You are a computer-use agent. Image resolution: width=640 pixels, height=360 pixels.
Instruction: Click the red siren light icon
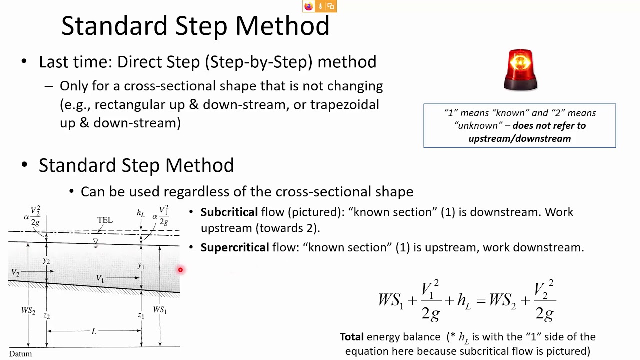tap(520, 70)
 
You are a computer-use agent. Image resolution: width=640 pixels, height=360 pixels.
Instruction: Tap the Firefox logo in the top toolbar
tap(308, 6)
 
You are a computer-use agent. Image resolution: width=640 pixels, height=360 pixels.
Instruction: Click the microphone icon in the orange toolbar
tap(320, 6)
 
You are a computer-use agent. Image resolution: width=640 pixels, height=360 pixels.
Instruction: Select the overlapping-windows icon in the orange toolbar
tap(331, 6)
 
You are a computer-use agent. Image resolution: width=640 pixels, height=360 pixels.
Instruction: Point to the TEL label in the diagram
tap(105, 220)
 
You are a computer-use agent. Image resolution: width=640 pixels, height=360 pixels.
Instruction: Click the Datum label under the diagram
tap(20, 354)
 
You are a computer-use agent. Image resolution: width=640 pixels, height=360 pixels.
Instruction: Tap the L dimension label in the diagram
tap(94, 331)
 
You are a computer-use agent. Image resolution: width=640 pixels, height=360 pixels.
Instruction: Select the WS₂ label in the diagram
tap(28, 311)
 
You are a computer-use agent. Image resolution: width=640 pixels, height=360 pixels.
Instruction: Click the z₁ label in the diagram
tap(141, 315)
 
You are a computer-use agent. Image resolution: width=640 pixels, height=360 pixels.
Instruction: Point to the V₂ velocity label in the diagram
tap(15, 273)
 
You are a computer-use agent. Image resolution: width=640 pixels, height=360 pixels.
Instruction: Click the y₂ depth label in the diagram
tap(46, 260)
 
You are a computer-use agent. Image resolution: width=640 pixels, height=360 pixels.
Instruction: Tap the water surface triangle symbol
tap(95, 242)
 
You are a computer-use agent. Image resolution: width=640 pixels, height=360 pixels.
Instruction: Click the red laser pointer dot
tap(180, 270)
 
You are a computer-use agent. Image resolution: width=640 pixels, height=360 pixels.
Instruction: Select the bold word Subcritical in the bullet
tap(229, 212)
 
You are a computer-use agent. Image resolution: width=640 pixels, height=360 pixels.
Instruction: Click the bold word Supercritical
tap(234, 247)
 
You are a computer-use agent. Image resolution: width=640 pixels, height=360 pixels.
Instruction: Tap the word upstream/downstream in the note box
tap(519, 138)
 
